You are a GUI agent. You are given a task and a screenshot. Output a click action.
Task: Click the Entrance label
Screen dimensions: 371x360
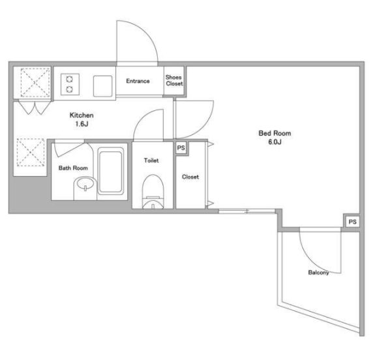coord(138,81)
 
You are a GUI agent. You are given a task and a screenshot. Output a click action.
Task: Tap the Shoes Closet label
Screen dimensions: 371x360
coord(174,80)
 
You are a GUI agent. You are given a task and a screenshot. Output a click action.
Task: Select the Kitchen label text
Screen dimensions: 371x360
coord(82,115)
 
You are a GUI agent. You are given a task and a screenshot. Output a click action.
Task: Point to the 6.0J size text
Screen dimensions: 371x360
coord(275,142)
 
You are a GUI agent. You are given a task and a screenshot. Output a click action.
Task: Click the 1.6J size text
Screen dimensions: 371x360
coord(82,124)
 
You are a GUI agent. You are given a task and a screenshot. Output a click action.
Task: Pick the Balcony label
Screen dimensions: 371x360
coord(318,273)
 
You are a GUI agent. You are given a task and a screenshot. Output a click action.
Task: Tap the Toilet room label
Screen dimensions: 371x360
coord(151,160)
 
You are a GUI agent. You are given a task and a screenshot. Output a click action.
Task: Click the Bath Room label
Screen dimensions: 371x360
coord(73,168)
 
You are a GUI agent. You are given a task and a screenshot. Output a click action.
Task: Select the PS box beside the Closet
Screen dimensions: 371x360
coord(181,148)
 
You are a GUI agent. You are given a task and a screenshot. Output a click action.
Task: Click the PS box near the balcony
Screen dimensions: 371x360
coord(352,222)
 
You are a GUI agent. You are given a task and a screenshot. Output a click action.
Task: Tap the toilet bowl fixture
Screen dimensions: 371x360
coord(153,192)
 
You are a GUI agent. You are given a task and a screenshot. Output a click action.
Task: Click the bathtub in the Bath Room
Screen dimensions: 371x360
coord(110,171)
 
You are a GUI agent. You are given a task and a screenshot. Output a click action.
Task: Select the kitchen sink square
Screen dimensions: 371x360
coord(102,86)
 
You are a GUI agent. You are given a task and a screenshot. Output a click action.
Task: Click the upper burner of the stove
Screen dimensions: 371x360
coord(69,79)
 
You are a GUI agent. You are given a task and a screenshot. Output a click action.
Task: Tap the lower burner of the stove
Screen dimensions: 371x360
coord(69,89)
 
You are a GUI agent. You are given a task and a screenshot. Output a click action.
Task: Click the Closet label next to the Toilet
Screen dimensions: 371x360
coord(190,177)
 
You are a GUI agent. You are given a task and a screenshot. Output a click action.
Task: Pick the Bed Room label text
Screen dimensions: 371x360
coord(275,133)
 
